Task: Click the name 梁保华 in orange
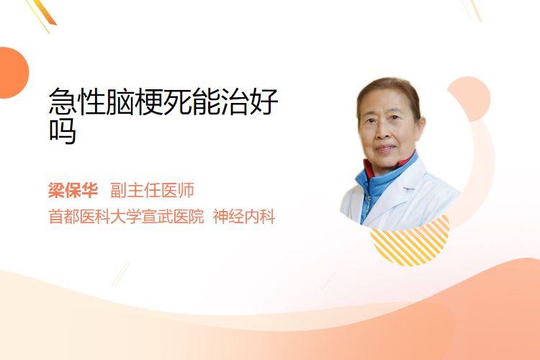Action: click(x=73, y=190)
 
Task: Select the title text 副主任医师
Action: click(x=152, y=190)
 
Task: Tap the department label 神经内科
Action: click(x=244, y=217)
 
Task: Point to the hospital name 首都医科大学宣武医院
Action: click(x=126, y=217)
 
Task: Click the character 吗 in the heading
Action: click(x=63, y=131)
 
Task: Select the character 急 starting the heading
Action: click(x=63, y=102)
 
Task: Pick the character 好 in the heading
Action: click(x=264, y=102)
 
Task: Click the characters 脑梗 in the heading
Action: click(x=135, y=102)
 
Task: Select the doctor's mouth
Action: click(x=386, y=148)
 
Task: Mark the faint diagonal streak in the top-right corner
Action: click(x=474, y=10)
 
